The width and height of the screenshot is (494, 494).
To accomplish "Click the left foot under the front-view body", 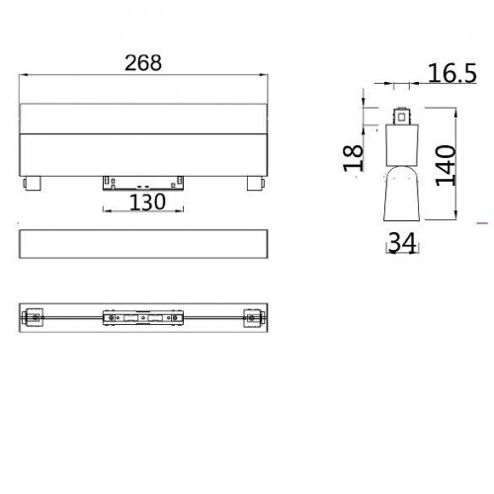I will (35, 183).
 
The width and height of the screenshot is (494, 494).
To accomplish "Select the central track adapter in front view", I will (145, 182).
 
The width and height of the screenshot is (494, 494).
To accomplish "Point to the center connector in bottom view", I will (145, 318).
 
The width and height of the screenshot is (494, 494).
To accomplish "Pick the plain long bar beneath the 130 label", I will (145, 242).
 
